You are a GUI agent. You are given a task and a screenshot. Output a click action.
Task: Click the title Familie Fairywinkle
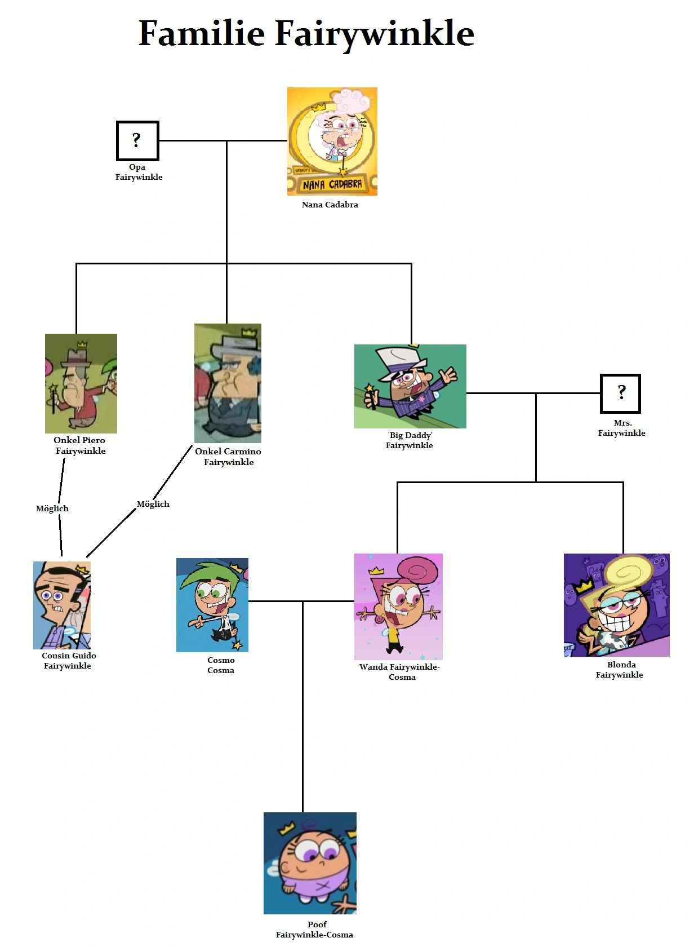(x=306, y=33)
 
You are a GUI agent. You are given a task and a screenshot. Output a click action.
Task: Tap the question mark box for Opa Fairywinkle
(x=137, y=140)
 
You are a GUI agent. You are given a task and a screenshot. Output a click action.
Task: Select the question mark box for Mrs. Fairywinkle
(x=620, y=393)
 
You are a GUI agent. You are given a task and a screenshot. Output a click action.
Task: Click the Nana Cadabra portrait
(x=332, y=141)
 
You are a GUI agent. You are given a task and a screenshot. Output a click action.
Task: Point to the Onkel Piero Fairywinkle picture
(x=81, y=383)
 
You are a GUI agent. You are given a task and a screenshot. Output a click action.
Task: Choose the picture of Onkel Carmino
(x=228, y=383)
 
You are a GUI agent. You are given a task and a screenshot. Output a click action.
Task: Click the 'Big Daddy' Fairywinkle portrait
(x=410, y=386)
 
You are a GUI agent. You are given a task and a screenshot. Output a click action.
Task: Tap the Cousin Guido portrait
(x=62, y=605)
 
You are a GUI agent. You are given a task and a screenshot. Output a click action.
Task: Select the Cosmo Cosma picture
(x=212, y=605)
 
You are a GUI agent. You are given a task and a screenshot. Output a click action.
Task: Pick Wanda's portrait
(x=398, y=607)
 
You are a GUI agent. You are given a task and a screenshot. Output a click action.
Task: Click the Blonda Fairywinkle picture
(x=616, y=605)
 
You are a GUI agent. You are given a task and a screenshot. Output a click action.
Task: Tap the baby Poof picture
(x=310, y=862)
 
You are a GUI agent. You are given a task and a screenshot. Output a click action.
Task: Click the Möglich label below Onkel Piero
(x=52, y=508)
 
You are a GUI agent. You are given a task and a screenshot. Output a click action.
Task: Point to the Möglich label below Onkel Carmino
(x=153, y=504)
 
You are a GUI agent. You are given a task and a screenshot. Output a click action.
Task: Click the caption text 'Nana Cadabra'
(x=330, y=205)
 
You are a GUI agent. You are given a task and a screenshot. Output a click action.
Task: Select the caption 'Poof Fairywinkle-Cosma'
(x=315, y=930)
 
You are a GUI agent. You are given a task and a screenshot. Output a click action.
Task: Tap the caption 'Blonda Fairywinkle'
(x=620, y=670)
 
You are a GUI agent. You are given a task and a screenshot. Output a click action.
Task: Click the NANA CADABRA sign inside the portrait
(x=332, y=184)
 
